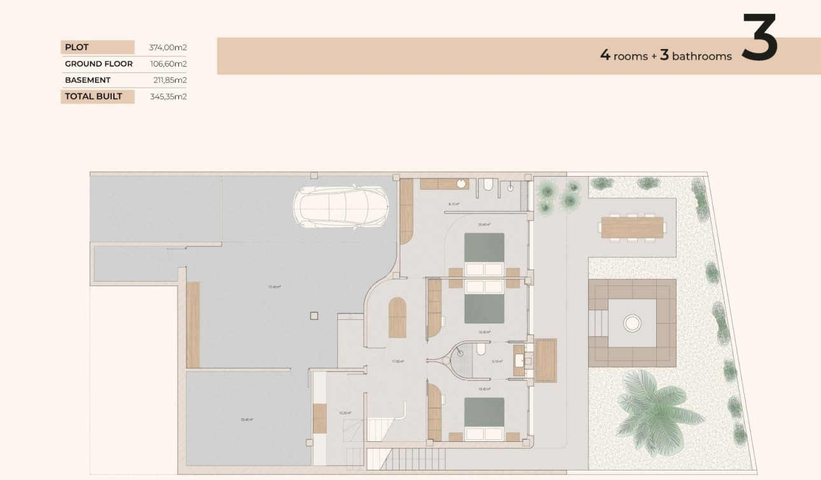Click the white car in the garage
[340, 207]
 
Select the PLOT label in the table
[77, 47]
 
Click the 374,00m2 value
[167, 47]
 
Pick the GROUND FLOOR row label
[99, 64]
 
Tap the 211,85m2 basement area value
[167, 80]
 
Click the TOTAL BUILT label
[93, 97]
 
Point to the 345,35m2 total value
[167, 97]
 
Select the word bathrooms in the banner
[702, 57]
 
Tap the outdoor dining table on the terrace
[632, 228]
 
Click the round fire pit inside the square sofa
[633, 324]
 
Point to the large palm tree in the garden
[656, 406]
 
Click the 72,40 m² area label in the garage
[274, 287]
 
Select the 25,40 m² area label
[247, 420]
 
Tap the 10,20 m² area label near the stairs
[345, 413]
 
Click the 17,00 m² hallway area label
[398, 361]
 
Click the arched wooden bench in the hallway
[397, 317]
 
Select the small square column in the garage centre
[312, 315]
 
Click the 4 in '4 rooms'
[605, 55]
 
